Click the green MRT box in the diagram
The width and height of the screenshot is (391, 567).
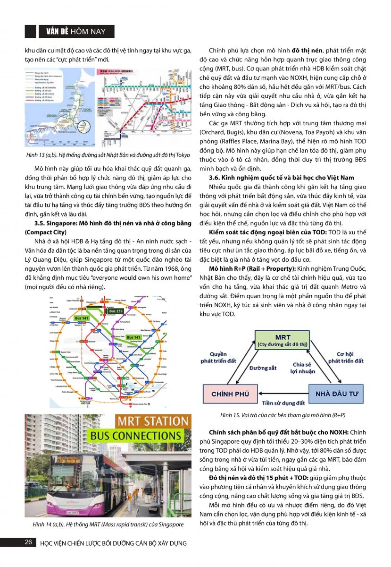coord(283,341)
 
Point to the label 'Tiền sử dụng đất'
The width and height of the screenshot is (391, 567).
coord(283,403)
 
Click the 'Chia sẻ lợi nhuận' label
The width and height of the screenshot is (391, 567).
coord(302,368)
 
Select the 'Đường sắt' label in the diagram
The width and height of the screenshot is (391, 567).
coord(263,368)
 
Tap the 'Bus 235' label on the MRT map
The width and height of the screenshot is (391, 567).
coord(116,311)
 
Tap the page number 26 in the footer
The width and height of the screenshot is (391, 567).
coord(28,542)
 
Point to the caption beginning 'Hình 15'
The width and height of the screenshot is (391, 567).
coord(283,415)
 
